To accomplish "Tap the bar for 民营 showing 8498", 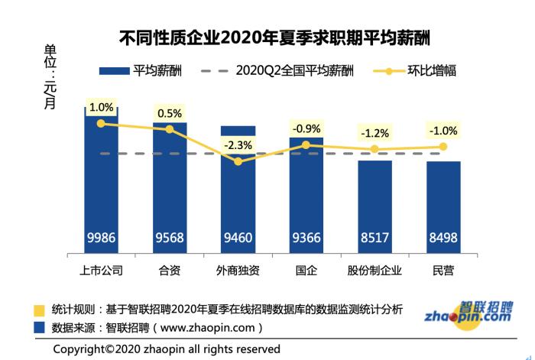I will (443, 206).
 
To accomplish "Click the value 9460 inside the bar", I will (238, 238).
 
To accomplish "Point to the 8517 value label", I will (374, 238).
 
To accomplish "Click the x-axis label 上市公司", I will (101, 270).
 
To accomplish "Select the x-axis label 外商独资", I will (238, 270).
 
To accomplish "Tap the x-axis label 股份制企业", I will (374, 270).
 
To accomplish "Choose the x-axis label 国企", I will (306, 270).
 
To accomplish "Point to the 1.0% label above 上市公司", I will (101, 108).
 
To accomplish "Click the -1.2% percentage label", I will (374, 133).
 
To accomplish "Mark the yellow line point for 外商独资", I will (238, 161).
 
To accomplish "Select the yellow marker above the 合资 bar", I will (170, 129).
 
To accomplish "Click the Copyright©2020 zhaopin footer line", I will (167, 349).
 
